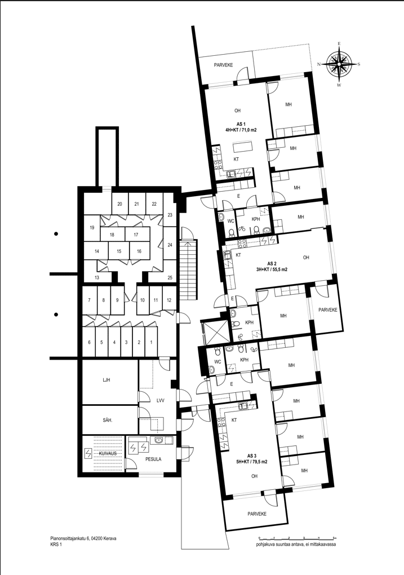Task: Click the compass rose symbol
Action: click(339, 64)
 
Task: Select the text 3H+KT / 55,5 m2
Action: click(272, 269)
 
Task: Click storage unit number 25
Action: click(170, 277)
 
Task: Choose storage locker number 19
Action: click(92, 228)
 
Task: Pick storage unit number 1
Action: click(150, 342)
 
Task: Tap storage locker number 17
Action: click(136, 235)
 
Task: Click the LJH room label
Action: click(106, 381)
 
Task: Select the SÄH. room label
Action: click(108, 421)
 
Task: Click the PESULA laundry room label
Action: click(153, 459)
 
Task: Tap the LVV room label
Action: click(160, 401)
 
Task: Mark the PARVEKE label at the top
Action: click(224, 65)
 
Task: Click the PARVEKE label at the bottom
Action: click(256, 514)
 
